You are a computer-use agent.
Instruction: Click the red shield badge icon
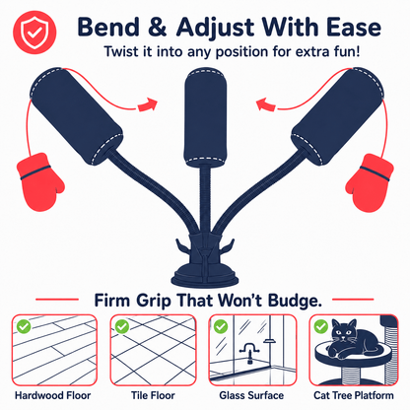(34, 33)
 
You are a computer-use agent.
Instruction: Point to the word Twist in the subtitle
(121, 52)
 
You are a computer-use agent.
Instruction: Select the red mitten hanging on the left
(40, 181)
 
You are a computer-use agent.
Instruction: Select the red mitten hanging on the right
(370, 182)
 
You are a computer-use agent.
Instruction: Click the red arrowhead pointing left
(265, 104)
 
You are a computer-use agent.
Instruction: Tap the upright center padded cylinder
(206, 117)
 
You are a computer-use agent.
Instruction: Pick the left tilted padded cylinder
(76, 115)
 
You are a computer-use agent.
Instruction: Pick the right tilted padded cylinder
(338, 115)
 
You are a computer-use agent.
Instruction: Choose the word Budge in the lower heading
(295, 301)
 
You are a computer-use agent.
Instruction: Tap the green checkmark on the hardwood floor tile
(24, 326)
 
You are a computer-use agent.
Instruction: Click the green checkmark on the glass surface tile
(221, 326)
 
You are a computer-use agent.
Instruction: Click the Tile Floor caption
(153, 395)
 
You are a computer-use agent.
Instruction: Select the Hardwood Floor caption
(53, 395)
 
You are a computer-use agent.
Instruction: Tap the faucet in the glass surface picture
(249, 353)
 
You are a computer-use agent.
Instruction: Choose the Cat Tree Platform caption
(354, 395)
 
